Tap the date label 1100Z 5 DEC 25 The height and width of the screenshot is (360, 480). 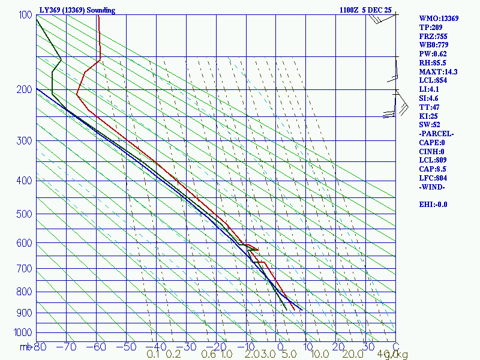367,10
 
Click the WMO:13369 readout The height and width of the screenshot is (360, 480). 439,19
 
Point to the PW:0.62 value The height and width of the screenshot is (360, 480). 433,54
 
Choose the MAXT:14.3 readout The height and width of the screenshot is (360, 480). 438,72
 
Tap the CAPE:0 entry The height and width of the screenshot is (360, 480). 431,143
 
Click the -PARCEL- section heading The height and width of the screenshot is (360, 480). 436,134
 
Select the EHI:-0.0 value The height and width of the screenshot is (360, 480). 433,205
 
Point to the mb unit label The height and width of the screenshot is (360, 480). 25,347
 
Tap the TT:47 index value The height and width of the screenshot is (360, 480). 428,107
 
